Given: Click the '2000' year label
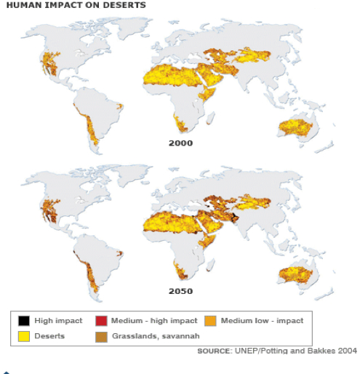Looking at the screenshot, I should click(x=180, y=143).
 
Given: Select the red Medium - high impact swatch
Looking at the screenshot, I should click(x=100, y=320).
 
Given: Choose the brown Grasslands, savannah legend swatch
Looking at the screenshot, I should click(x=100, y=335).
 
